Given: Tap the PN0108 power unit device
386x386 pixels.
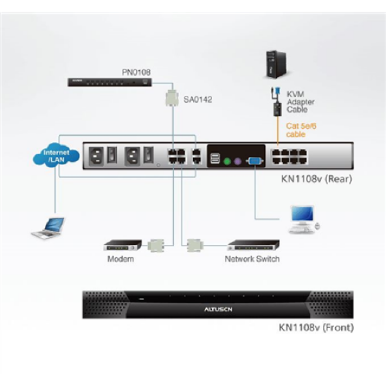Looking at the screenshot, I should click(x=110, y=82).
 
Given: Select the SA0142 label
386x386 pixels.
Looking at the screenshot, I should click(x=198, y=100).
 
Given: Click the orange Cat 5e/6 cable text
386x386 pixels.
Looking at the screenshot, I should click(x=301, y=130).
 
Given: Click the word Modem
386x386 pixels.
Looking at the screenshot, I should click(x=120, y=259).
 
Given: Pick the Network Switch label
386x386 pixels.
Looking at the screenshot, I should click(x=252, y=259).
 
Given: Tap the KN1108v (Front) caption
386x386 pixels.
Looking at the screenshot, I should click(x=316, y=328).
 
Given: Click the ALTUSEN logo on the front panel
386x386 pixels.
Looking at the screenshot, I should click(x=218, y=309).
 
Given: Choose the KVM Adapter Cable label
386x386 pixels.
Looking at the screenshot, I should click(x=300, y=102).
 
